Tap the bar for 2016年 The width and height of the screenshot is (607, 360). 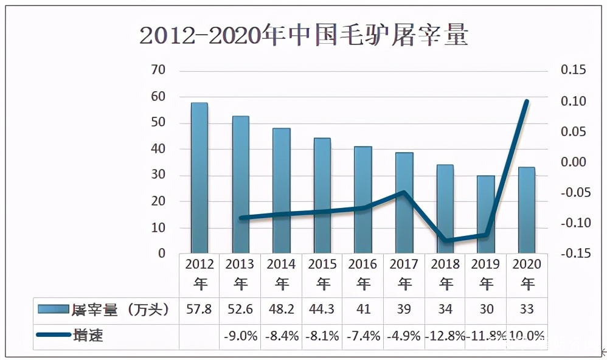click(363, 199)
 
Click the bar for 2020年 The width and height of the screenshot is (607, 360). click(527, 210)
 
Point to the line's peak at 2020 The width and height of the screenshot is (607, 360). click(527, 102)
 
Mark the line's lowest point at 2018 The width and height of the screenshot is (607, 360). click(446, 241)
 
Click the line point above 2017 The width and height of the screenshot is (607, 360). click(404, 192)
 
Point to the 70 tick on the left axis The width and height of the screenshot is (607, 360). click(158, 71)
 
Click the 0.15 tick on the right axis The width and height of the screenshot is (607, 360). click(574, 71)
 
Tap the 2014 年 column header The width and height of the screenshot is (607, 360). click(282, 274)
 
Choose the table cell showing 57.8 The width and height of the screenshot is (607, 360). click(199, 310)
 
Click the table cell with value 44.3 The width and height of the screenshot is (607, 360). click(323, 310)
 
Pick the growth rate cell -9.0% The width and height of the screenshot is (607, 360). click(240, 336)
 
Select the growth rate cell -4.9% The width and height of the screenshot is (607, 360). click(404, 336)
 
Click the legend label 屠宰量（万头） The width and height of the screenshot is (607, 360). click(120, 310)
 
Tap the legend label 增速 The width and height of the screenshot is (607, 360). click(88, 335)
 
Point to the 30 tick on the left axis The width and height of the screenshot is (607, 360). click(158, 175)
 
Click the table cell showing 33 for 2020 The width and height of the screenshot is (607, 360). click(527, 310)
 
